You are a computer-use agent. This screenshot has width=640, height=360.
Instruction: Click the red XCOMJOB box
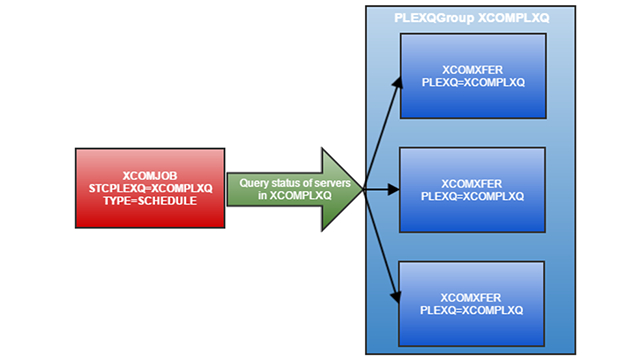click(x=151, y=186)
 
